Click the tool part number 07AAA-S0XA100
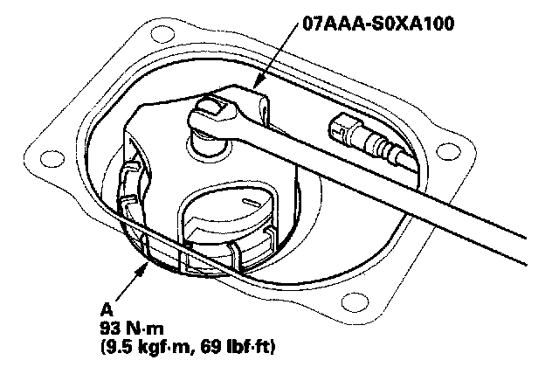[x=378, y=24]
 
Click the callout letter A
[x=107, y=310]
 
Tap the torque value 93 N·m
[x=132, y=329]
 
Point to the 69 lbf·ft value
[x=235, y=347]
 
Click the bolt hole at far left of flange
[x=52, y=158]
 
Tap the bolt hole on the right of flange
[x=448, y=151]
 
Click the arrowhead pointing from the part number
[x=259, y=82]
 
